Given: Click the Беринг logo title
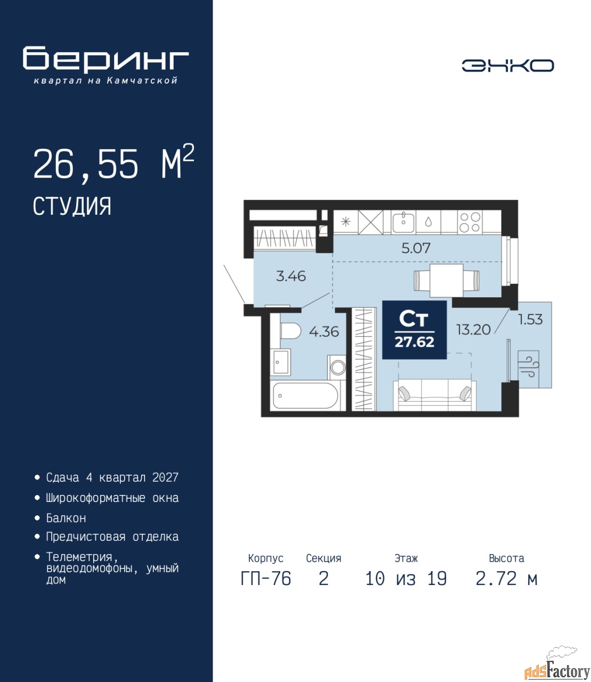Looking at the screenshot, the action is [106, 60].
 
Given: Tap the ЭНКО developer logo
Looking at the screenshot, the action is [507, 66].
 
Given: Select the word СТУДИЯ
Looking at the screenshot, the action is [72, 206].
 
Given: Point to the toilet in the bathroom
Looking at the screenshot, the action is [290, 330].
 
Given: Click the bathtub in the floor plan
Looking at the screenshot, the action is [305, 395].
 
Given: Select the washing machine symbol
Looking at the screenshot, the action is [337, 367].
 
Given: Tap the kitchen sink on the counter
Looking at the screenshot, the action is [403, 222].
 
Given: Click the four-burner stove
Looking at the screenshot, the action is [470, 222].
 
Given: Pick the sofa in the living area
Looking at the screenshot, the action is [434, 395].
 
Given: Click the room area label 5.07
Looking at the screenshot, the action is [416, 248].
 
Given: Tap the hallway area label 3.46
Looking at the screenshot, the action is [291, 276].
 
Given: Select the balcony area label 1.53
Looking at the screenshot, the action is [530, 319].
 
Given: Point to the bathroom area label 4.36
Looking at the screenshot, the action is [323, 331].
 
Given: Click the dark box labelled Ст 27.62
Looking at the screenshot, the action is [415, 330].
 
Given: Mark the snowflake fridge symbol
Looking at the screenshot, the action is [345, 222].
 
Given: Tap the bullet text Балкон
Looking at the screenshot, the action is [66, 518].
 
